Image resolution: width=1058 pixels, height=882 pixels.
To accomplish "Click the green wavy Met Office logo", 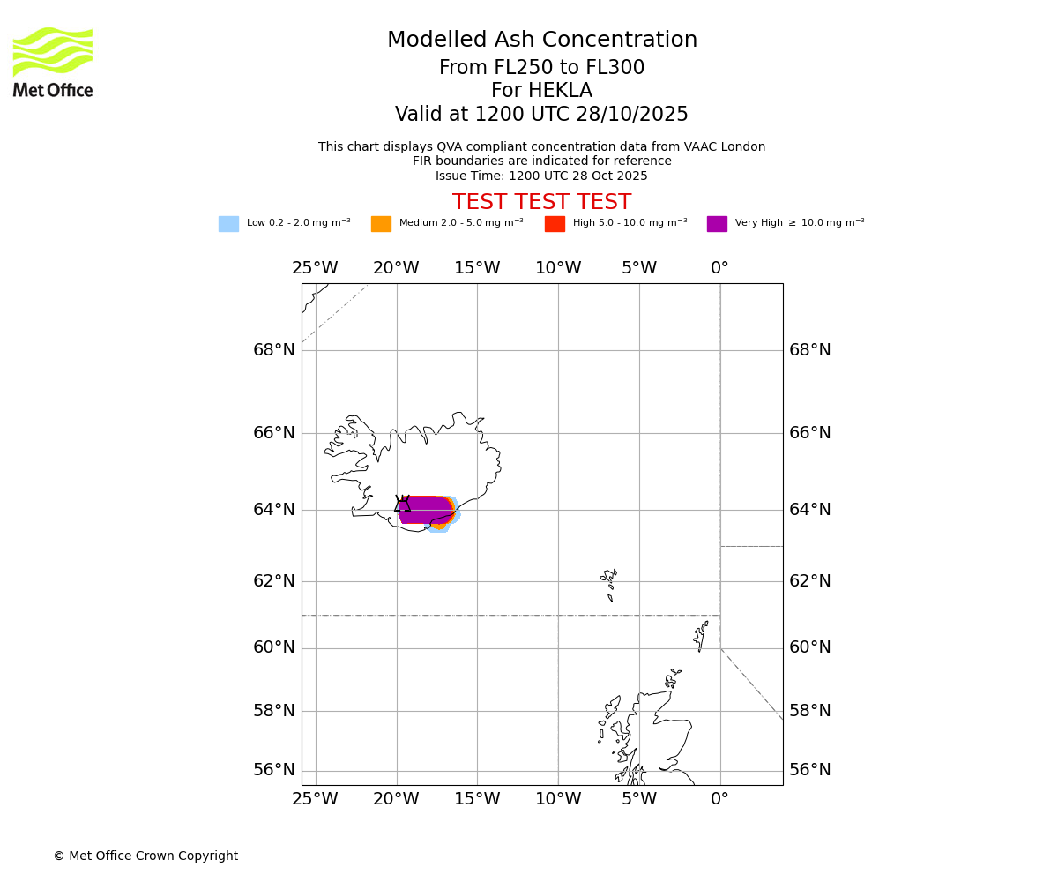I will pyautogui.click(x=53, y=52).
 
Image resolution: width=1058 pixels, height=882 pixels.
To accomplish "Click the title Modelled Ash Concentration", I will pyautogui.click(x=542, y=41).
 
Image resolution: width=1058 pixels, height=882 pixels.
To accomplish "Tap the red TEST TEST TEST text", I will pyautogui.click(x=541, y=203).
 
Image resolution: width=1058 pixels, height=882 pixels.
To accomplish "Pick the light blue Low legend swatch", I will pyautogui.click(x=228, y=224).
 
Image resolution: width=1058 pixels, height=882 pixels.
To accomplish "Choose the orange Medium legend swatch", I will pyautogui.click(x=381, y=224).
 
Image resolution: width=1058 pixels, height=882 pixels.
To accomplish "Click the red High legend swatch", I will pyautogui.click(x=555, y=224).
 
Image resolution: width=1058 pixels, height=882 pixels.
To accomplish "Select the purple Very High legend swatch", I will pyautogui.click(x=717, y=224).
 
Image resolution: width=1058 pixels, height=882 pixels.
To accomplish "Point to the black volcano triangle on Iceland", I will pyautogui.click(x=403, y=505).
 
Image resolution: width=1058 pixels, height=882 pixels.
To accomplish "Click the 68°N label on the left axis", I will pyautogui.click(x=274, y=350).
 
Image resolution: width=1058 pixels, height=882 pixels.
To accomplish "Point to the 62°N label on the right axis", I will pyautogui.click(x=809, y=581).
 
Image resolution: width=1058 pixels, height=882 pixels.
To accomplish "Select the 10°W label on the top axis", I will pyautogui.click(x=558, y=268).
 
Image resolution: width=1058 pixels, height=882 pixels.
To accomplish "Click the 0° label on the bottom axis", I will pyautogui.click(x=719, y=799).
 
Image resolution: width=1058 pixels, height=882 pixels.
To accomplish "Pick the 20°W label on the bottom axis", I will pyautogui.click(x=396, y=799).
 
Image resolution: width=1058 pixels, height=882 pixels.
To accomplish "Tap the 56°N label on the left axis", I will pyautogui.click(x=274, y=770).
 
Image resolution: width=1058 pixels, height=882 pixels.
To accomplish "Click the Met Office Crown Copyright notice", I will pyautogui.click(x=145, y=856).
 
